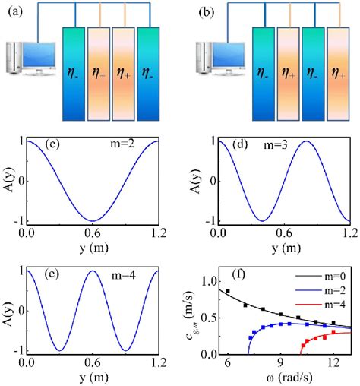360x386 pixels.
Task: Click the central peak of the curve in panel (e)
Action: pyautogui.click(x=92, y=271)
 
